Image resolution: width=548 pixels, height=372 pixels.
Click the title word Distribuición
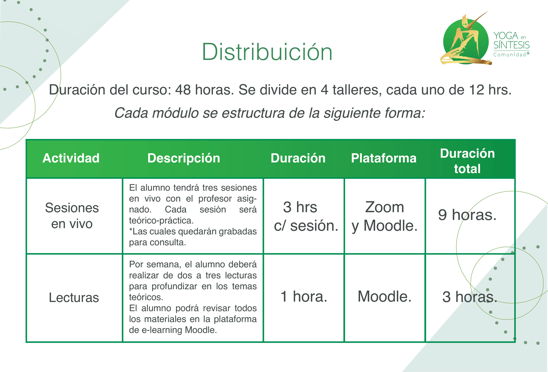tap(267, 52)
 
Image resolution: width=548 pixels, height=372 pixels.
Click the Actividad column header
tap(71, 158)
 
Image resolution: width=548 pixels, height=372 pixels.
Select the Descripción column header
tap(184, 158)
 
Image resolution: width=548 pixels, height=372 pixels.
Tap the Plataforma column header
tap(384, 158)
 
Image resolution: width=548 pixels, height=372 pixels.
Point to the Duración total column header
tap(467, 161)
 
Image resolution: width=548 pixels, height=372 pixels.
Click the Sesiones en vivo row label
tap(72, 216)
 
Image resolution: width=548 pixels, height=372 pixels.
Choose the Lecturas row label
tap(74, 297)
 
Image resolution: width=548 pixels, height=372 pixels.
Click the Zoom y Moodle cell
tap(385, 216)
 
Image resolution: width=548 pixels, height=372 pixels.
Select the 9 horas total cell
tap(467, 215)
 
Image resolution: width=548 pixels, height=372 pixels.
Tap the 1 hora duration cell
tap(304, 296)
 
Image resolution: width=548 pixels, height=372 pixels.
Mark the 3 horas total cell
tap(470, 297)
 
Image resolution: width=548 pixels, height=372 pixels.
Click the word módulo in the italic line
tap(175, 113)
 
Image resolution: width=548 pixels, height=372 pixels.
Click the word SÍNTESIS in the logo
tap(512, 45)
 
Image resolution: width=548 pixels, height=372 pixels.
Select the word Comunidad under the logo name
tap(510, 55)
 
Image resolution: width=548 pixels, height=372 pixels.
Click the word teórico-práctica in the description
tap(161, 221)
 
